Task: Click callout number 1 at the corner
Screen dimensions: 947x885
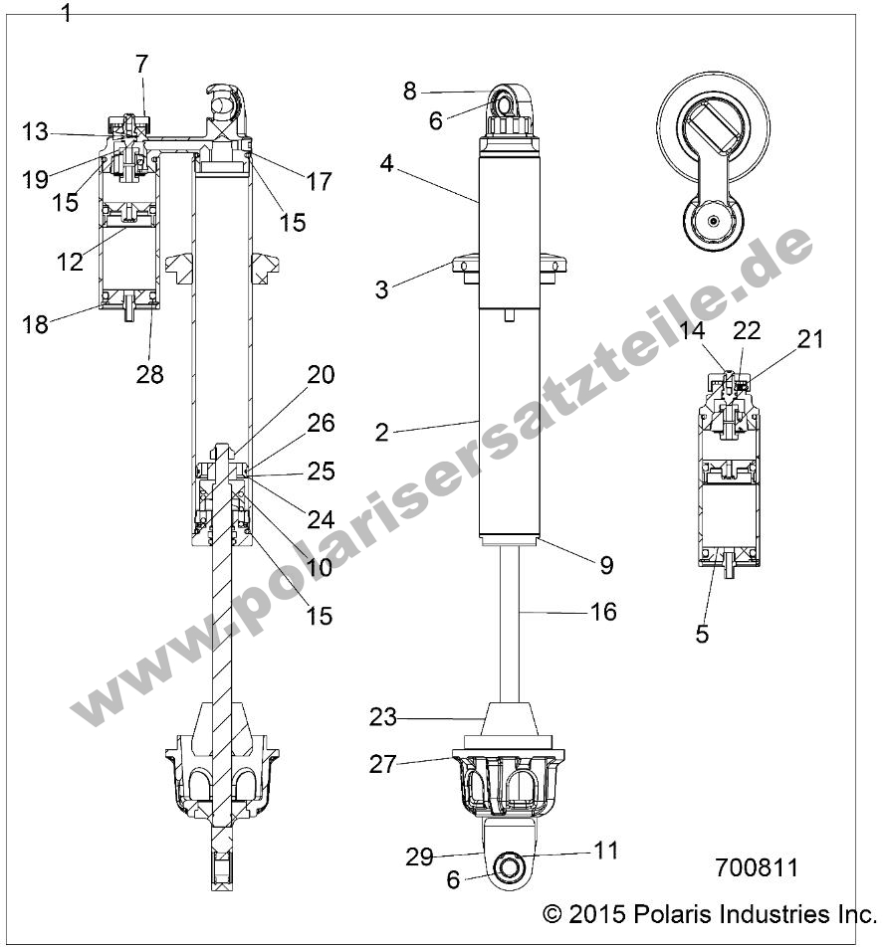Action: [67, 13]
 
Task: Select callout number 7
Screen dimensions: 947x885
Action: [141, 64]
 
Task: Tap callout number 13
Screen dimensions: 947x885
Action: [35, 131]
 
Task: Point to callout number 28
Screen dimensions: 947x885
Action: [151, 374]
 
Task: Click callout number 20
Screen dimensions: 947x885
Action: [321, 375]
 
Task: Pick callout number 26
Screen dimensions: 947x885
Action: [321, 423]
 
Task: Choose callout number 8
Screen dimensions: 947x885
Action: [410, 92]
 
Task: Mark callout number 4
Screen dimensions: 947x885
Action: [391, 162]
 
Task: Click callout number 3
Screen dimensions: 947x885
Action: [382, 289]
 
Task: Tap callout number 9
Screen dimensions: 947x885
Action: [606, 565]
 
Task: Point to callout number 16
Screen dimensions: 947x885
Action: [603, 611]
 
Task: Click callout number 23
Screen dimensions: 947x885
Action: [383, 716]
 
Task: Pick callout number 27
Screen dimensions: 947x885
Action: [383, 764]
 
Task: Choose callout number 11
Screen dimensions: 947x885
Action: [605, 851]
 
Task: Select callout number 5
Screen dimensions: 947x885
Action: [703, 633]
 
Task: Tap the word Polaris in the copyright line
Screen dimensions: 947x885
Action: [686, 913]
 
